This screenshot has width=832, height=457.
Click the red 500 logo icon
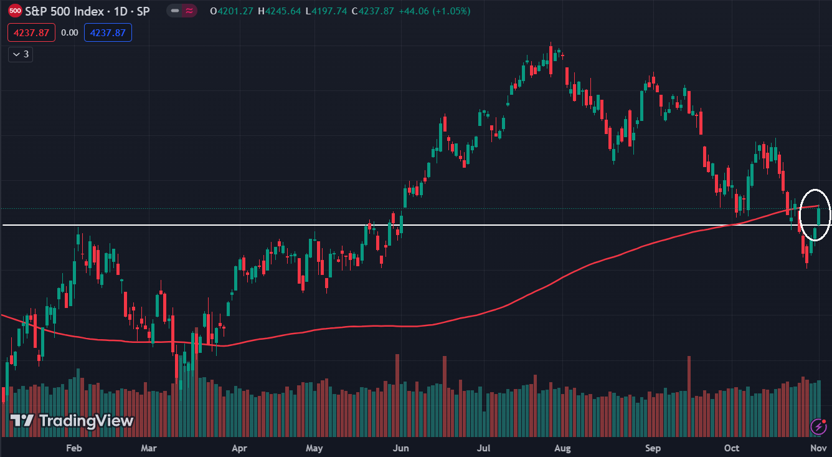[16, 11]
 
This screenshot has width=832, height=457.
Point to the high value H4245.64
[280, 11]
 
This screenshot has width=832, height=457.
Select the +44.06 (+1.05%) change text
[435, 11]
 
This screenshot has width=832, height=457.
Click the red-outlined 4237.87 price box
[31, 32]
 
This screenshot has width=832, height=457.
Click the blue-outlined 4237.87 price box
[108, 32]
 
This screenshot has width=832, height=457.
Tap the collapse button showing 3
[21, 54]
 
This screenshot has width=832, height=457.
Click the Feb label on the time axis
[74, 448]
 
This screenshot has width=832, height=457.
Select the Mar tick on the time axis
[148, 448]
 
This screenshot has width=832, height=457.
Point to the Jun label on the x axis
[401, 448]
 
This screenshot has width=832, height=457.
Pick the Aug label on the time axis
[562, 448]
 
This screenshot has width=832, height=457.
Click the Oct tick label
[732, 448]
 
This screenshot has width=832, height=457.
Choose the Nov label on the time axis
[818, 448]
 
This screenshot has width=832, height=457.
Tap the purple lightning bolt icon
[818, 426]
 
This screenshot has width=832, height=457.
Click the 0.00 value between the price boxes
[70, 32]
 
